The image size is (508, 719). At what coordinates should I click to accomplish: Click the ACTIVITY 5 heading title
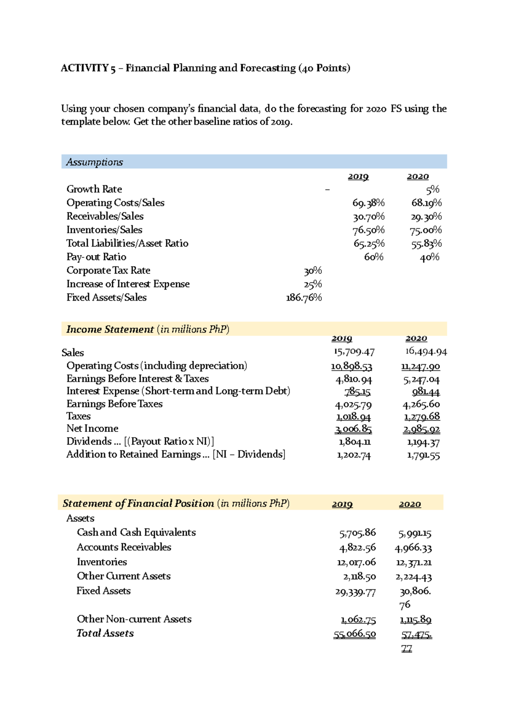tap(205, 68)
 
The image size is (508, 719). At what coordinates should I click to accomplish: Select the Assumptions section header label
tap(94, 162)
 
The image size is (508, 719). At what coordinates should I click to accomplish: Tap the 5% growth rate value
tap(433, 189)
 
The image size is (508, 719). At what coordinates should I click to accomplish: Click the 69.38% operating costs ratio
tap(368, 203)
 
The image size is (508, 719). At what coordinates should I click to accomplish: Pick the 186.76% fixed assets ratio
tap(304, 298)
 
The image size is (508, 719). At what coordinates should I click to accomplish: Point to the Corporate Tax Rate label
tap(108, 271)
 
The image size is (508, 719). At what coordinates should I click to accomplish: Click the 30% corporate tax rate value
tap(313, 271)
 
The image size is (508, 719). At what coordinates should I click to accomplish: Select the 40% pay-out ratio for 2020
tap(429, 257)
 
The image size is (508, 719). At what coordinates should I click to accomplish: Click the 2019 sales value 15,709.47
tap(354, 352)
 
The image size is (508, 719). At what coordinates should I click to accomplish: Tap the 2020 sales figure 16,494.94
tap(425, 351)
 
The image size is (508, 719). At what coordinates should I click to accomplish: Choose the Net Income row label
tap(92, 429)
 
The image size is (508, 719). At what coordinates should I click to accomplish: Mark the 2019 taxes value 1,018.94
tap(353, 417)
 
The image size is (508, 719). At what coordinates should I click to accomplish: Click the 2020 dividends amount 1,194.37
tap(423, 443)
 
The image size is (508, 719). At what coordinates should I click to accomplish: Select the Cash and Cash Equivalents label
tap(136, 533)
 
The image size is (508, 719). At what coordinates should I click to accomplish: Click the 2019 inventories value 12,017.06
tap(356, 562)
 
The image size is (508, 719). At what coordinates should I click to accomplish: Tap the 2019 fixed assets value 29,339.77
tap(355, 592)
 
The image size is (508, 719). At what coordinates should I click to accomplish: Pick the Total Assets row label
tap(105, 633)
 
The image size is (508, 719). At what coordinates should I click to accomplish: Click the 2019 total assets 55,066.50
tap(354, 634)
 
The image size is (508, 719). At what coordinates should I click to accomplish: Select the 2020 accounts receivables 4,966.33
tap(413, 548)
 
